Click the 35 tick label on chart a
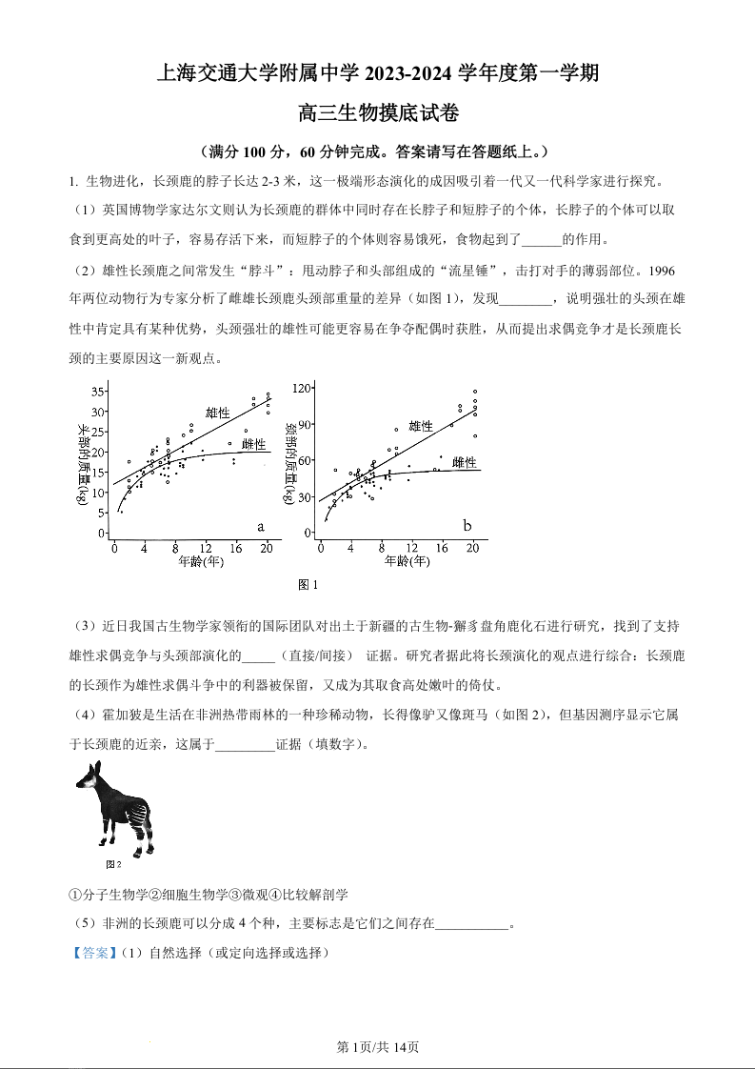[x=98, y=393]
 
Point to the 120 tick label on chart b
[x=303, y=389]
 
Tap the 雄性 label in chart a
[x=218, y=413]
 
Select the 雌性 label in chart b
[x=465, y=462]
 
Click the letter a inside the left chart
[x=260, y=526]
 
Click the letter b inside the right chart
[x=467, y=526]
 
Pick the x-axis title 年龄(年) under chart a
[x=201, y=561]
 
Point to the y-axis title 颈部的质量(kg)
[x=290, y=465]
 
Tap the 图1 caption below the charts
[x=308, y=584]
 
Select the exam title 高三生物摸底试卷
[x=378, y=114]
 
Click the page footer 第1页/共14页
[x=378, y=1047]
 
